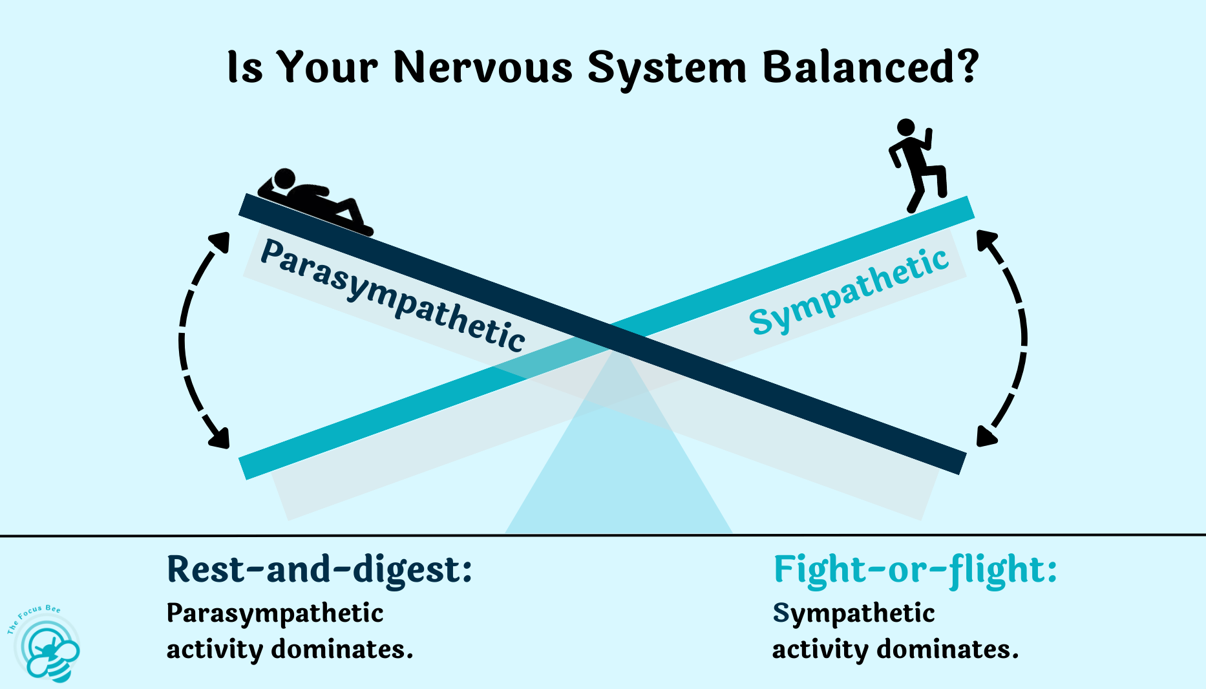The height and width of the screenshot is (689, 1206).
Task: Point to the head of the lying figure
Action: click(x=284, y=178)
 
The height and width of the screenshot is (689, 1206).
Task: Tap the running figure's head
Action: click(x=906, y=127)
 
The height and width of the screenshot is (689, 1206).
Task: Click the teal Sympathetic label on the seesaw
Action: click(x=849, y=291)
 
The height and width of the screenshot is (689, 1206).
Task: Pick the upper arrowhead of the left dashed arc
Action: click(x=220, y=242)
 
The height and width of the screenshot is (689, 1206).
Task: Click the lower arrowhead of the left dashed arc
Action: click(x=219, y=438)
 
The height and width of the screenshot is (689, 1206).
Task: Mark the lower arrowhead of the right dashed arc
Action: click(x=986, y=436)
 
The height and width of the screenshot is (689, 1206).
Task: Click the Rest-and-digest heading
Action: click(x=319, y=570)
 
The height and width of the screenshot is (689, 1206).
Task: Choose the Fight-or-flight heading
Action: click(x=915, y=570)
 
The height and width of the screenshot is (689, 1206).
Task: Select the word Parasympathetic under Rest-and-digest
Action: click(x=275, y=613)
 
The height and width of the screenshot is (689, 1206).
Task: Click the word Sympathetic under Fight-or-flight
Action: click(x=853, y=613)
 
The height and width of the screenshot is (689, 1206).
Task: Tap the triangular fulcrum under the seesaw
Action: click(x=619, y=478)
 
